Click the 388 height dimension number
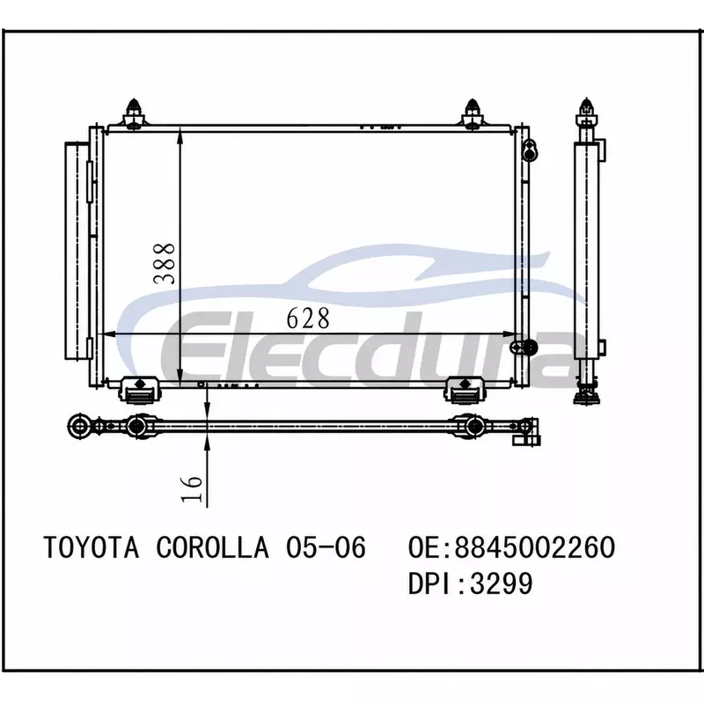[x=164, y=263]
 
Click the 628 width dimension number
[x=308, y=318]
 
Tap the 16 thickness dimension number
[x=192, y=488]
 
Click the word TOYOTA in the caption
[x=92, y=547]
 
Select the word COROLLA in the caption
[x=212, y=547]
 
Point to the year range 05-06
[x=326, y=547]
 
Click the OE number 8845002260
[x=535, y=547]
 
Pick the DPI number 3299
[x=501, y=583]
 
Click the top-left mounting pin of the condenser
[x=134, y=114]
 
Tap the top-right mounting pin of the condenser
[x=473, y=114]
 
